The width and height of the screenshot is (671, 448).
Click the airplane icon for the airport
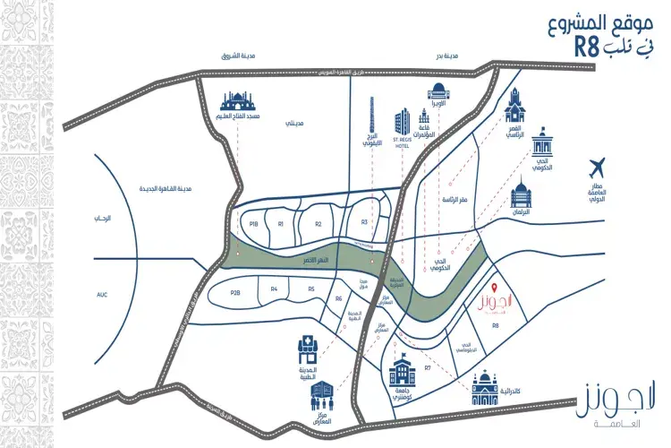599,167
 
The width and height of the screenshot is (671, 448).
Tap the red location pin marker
494,286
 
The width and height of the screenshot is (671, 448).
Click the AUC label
101,293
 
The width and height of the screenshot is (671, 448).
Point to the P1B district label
253,224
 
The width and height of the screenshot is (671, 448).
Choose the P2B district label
235,292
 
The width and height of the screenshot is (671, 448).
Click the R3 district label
364,222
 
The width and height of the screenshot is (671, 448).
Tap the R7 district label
429,368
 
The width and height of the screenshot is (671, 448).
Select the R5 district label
311,289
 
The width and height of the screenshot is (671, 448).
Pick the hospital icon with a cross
304,349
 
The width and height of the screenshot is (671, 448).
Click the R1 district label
281,224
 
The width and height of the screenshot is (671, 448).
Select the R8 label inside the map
495,329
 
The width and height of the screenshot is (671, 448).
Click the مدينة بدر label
446,56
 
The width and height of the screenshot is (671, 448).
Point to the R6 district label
339,298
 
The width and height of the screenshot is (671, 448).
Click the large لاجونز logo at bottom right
605,394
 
